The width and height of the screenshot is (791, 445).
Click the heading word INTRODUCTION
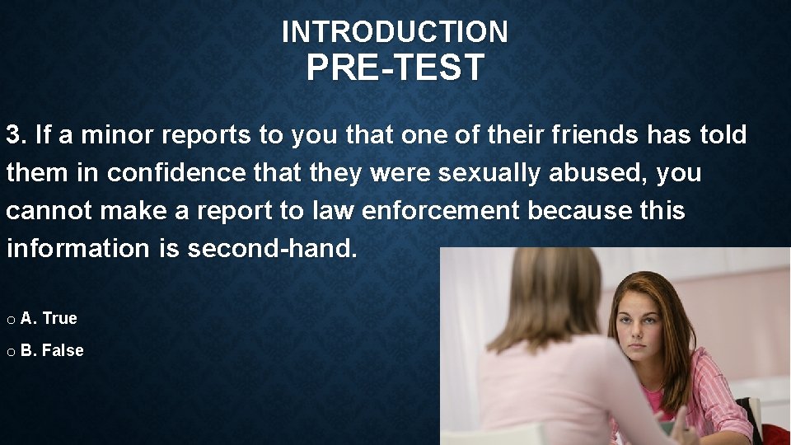pyautogui.click(x=395, y=32)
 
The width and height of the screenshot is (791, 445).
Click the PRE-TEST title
pyautogui.click(x=395, y=68)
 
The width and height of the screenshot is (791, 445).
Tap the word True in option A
pyautogui.click(x=59, y=318)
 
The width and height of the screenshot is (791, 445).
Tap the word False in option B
pyautogui.click(x=63, y=350)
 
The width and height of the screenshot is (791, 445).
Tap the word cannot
pyautogui.click(x=49, y=211)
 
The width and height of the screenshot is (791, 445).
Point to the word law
pyautogui.click(x=332, y=211)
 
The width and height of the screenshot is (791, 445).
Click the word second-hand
pyautogui.click(x=273, y=249)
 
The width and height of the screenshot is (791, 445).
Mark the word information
pyautogui.click(x=77, y=249)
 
